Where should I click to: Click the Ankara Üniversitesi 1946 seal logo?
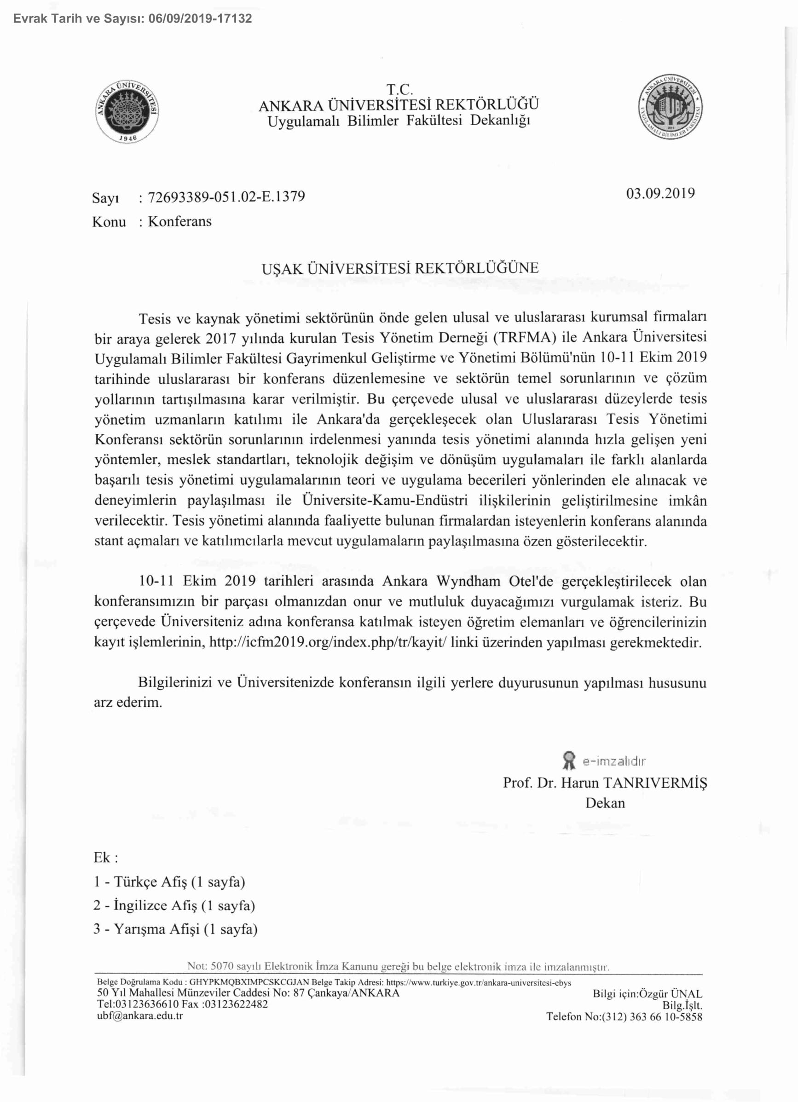point(128,111)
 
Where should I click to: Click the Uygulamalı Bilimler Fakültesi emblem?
point(670,107)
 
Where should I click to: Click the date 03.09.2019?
point(660,193)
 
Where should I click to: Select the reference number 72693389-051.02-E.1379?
point(226,197)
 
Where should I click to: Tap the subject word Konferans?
point(179,222)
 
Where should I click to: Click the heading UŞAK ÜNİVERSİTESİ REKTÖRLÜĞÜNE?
point(400,269)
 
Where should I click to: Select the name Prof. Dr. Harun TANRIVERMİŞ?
point(605,783)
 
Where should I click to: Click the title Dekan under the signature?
point(605,803)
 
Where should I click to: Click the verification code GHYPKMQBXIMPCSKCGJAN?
point(249,982)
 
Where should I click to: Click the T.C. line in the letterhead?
point(399,89)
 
